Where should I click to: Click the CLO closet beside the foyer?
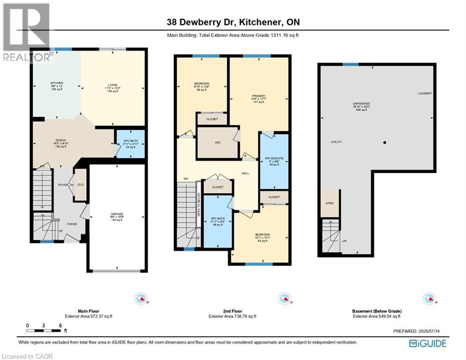(81, 185)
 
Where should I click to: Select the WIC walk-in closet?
(217, 142)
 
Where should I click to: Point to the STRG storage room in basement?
(330, 203)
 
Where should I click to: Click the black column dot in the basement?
(385, 142)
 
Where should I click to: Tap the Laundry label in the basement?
(425, 93)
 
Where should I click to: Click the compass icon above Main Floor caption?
(141, 298)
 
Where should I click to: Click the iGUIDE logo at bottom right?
(427, 344)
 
